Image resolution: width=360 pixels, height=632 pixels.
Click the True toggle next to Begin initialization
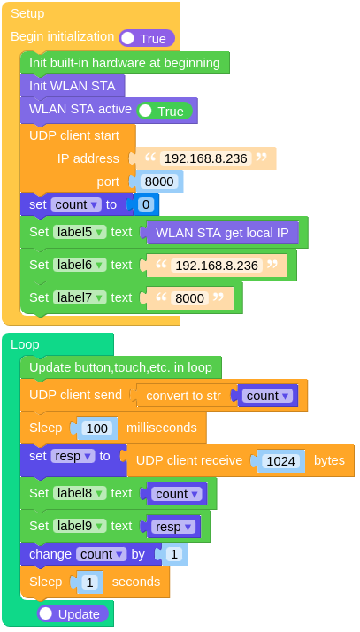tap(147, 38)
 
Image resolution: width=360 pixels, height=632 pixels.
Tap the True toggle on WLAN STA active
tap(165, 111)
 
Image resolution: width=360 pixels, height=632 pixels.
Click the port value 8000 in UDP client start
tap(159, 181)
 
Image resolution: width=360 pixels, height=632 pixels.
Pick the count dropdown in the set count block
tap(75, 204)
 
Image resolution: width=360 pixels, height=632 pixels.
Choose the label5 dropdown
tap(80, 232)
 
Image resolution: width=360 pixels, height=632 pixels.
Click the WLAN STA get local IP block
tap(221, 233)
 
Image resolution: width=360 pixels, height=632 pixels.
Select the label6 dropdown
tap(80, 265)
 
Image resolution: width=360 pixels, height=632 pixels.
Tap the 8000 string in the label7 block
tap(189, 298)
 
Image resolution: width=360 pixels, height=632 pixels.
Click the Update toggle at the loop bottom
tap(73, 613)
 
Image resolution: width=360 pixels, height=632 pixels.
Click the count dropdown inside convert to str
tap(267, 396)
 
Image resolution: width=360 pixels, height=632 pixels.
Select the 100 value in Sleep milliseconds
tap(96, 428)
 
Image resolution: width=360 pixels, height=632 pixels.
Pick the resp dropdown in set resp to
tap(72, 456)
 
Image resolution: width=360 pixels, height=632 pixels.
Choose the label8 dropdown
tap(80, 493)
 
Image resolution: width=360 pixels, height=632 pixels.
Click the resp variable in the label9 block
tap(172, 527)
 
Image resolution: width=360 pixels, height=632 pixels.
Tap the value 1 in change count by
tap(172, 554)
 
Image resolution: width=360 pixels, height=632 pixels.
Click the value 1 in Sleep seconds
tap(88, 582)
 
